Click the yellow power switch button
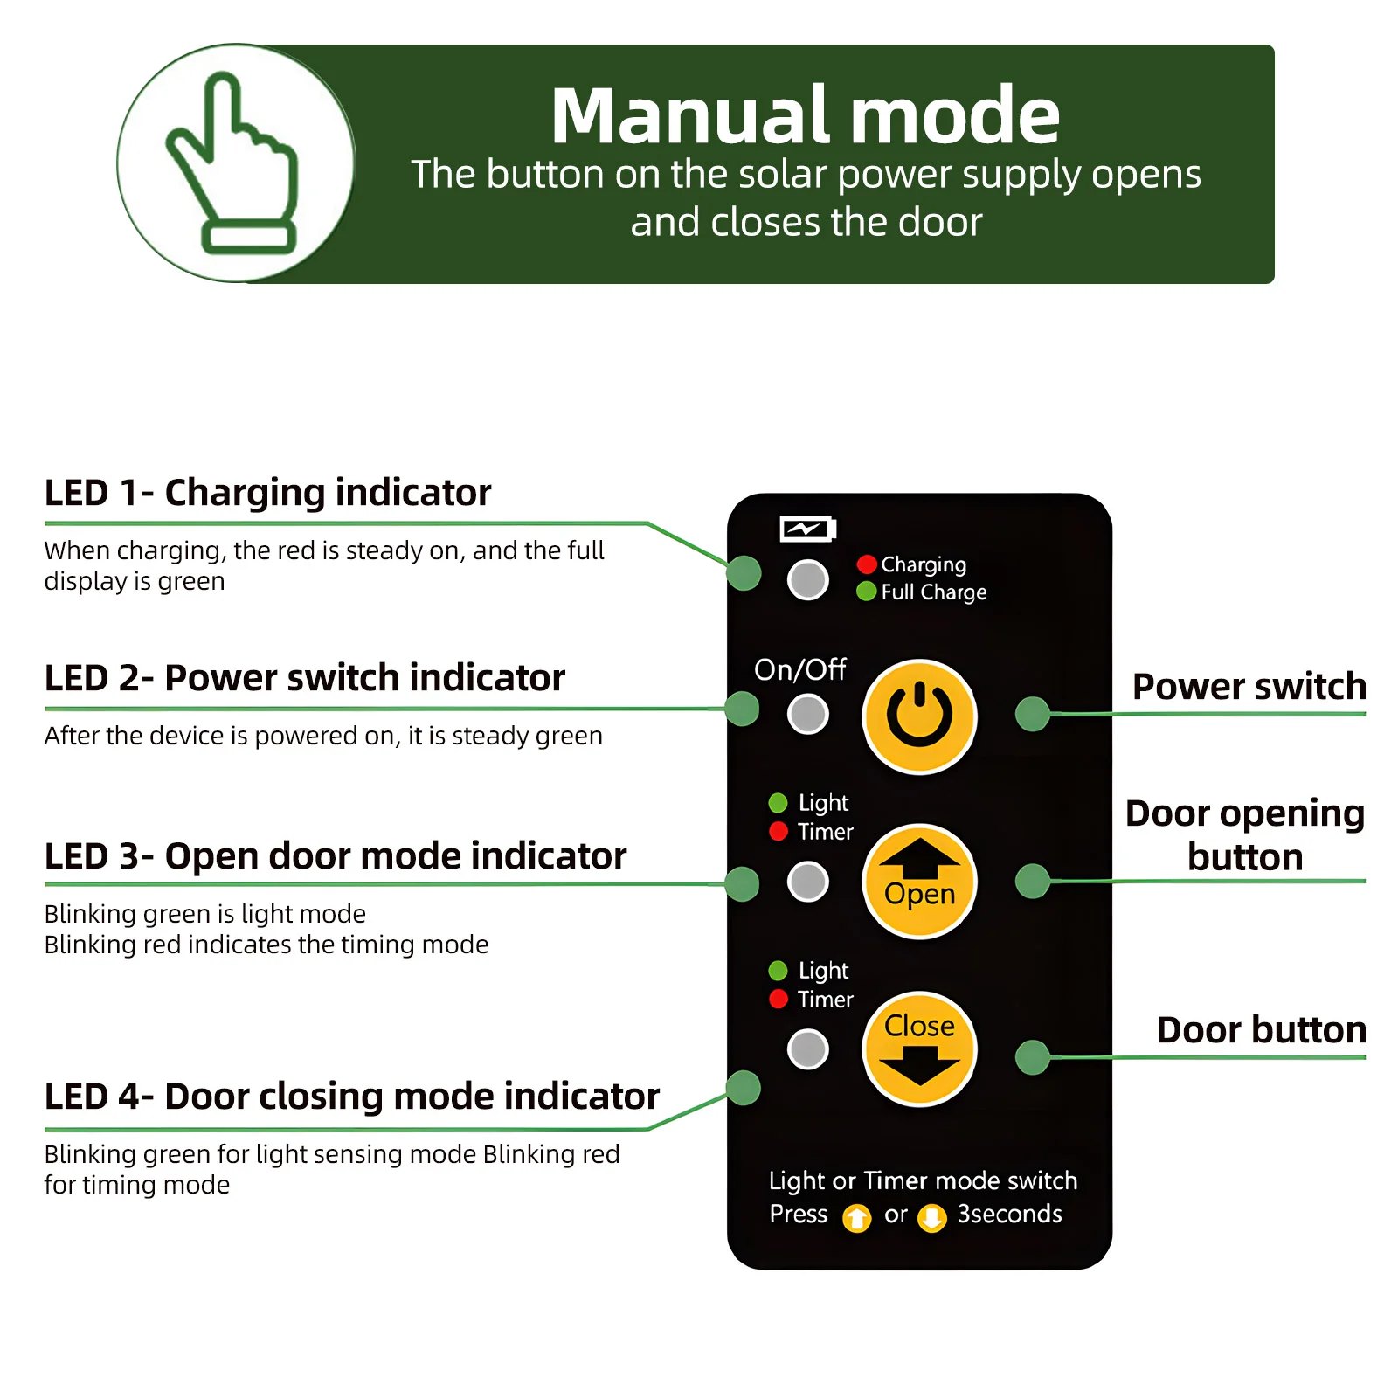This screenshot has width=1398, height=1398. coord(919,716)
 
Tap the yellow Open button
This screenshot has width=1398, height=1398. coord(919,881)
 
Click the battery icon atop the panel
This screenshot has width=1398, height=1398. coord(808,529)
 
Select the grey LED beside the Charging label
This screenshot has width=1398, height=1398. coord(808,579)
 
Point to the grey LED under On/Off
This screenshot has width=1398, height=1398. coord(808,715)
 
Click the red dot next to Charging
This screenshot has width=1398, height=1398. coord(867,564)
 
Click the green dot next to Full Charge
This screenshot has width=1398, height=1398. coord(867,592)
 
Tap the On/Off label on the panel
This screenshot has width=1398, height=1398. coord(799,670)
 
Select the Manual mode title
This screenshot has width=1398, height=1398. coord(805,115)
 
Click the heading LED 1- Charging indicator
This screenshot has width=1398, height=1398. coord(267,493)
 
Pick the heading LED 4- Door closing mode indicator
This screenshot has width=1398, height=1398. coord(351,1096)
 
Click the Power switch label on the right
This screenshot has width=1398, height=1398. coord(1249,687)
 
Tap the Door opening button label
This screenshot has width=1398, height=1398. coord(1244,834)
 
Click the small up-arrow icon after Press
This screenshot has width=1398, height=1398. coord(856,1217)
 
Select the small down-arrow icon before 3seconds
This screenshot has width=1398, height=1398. coord(932,1217)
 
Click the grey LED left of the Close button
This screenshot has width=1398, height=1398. coord(808,1048)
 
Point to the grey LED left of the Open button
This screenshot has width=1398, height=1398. coord(808,882)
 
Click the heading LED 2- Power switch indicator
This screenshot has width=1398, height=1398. coord(304,678)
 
